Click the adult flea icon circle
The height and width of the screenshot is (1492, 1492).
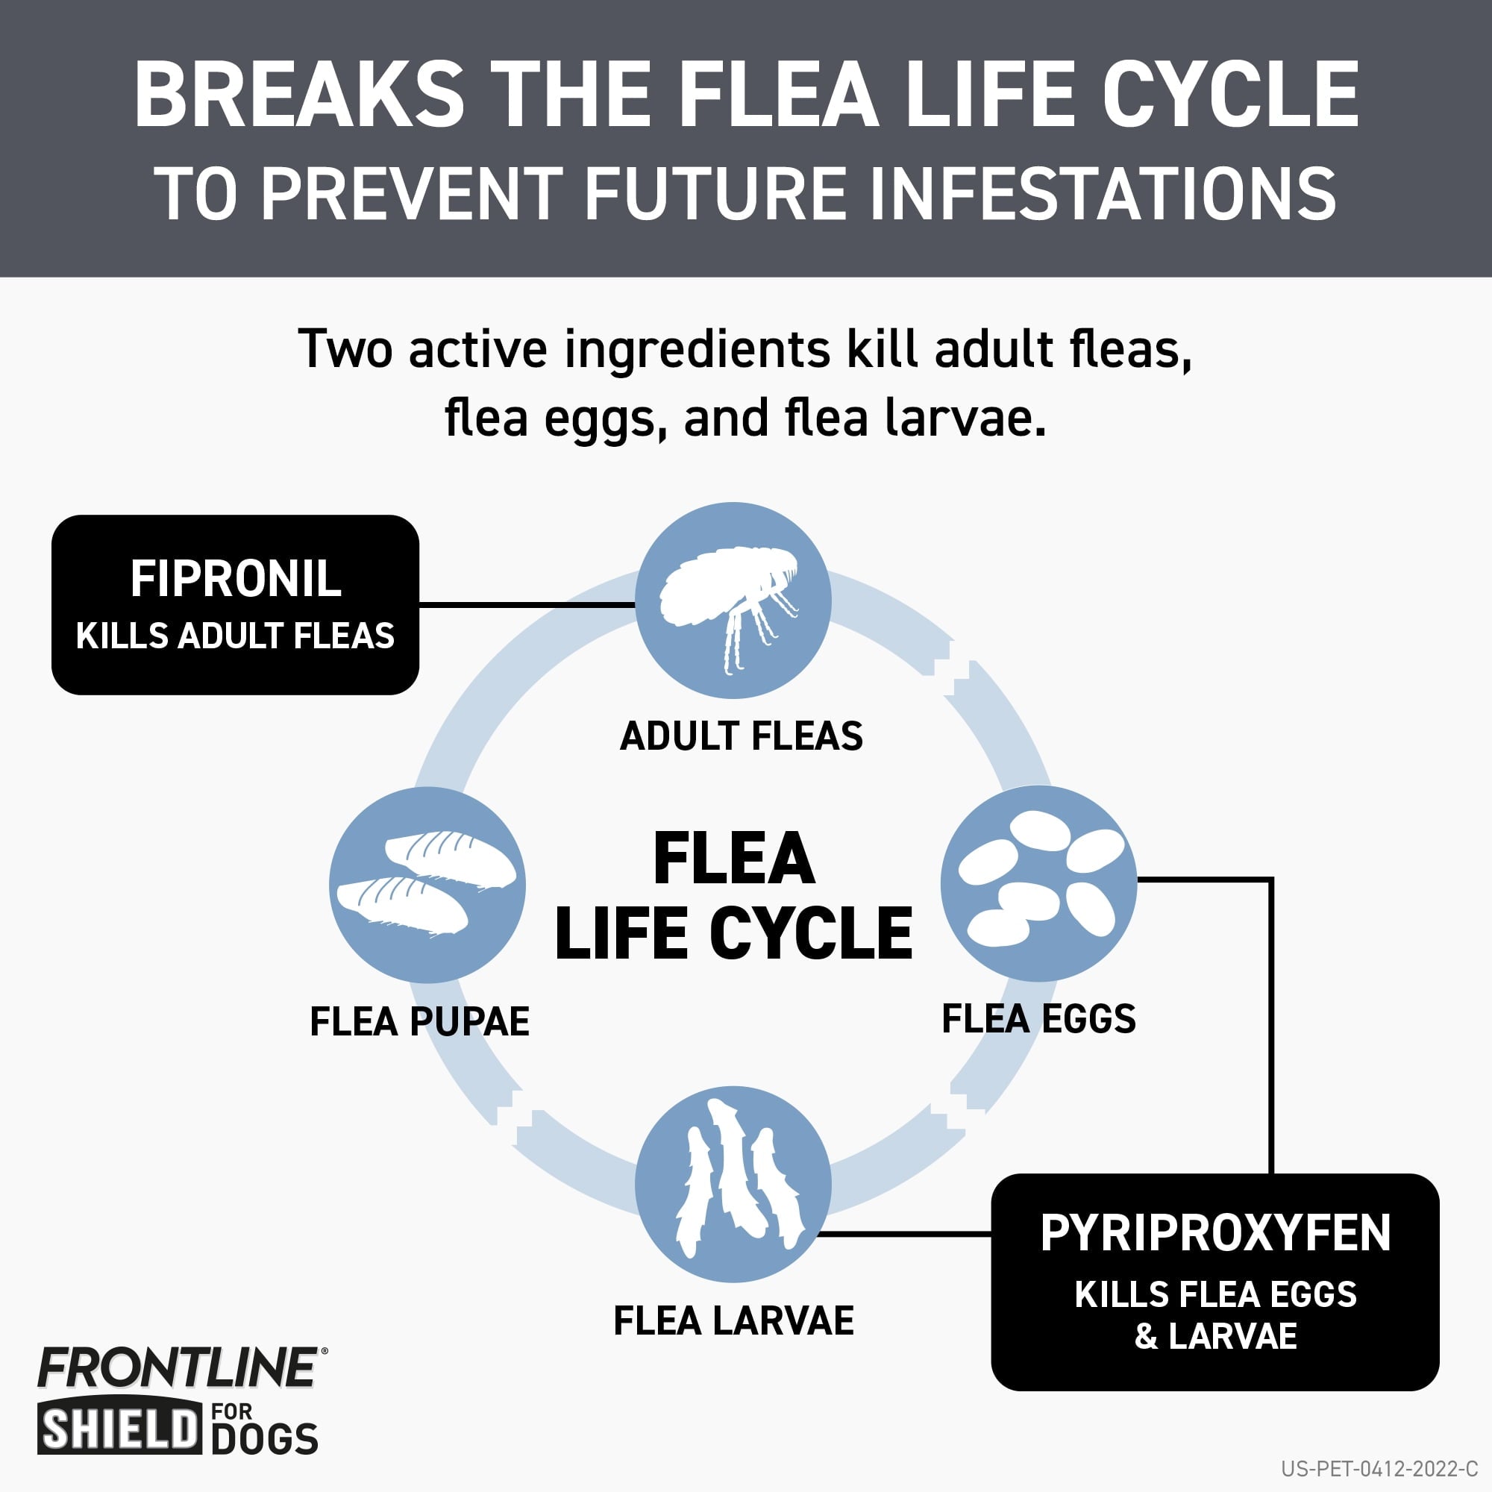coord(733,600)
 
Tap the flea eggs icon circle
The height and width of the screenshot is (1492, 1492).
coord(1038,883)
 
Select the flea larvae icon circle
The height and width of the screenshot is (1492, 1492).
coord(733,1184)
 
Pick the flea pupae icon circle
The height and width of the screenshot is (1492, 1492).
coord(427,885)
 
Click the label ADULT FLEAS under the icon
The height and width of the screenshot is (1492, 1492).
coord(742,736)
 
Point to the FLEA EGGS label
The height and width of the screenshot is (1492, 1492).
coord(1038,1018)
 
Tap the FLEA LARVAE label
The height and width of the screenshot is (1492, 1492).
coord(733,1320)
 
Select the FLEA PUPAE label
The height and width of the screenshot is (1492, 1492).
coord(419,1021)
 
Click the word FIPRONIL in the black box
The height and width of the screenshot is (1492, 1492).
coord(236,578)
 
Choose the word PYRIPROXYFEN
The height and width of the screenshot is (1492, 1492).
coord(1215,1233)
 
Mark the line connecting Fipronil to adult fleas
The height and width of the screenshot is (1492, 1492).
coord(527,605)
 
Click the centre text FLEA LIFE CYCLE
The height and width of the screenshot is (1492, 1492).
coord(733,896)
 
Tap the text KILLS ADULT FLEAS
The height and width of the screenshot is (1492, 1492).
coord(236,636)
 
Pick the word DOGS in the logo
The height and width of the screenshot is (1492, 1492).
coord(265,1440)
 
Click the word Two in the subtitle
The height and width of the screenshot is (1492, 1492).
coord(347,349)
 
